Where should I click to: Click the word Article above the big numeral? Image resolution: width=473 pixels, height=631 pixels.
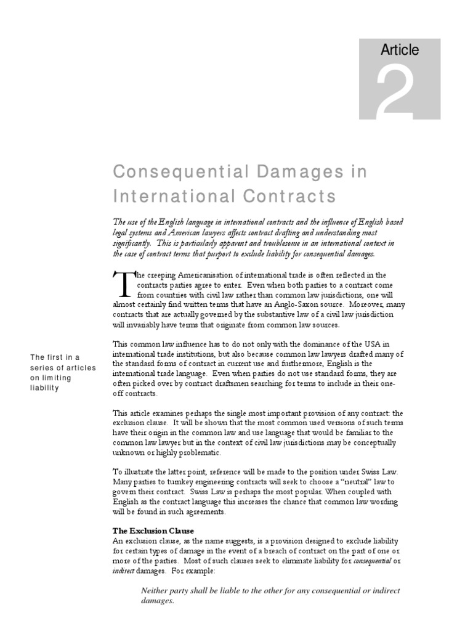[400, 50]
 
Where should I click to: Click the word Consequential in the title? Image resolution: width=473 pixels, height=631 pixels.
[166, 173]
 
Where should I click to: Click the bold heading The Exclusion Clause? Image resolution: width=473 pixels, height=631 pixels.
[153, 530]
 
